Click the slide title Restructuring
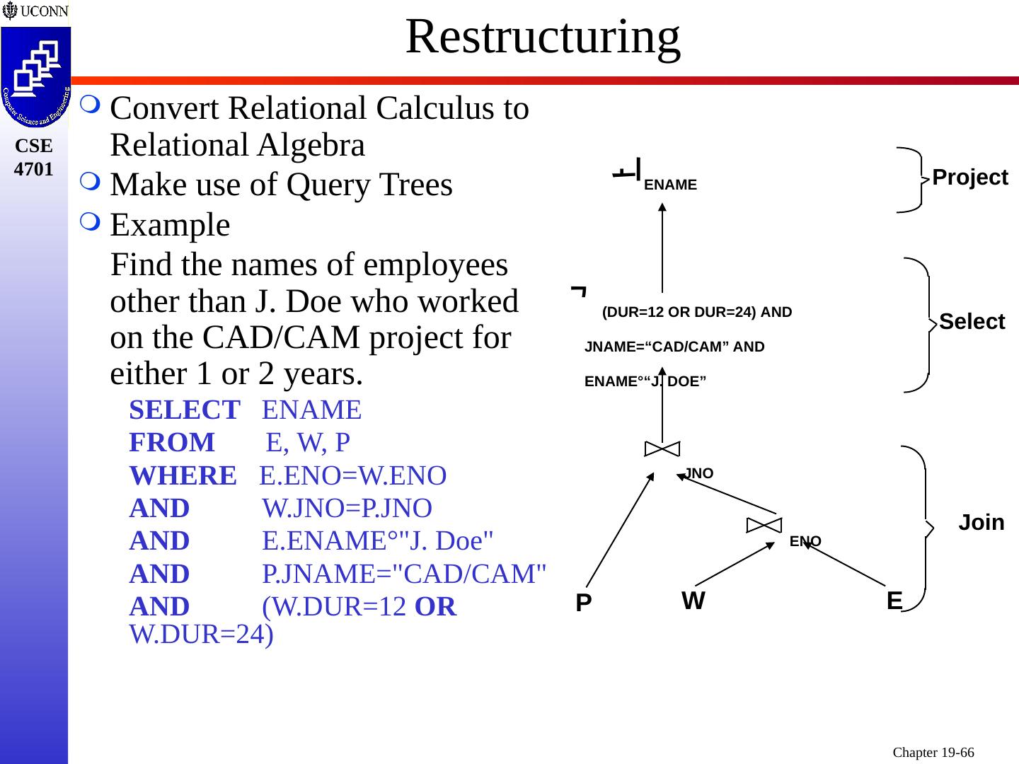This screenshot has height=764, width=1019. point(543,37)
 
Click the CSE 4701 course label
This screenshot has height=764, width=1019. point(34,157)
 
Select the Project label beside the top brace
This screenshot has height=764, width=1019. point(969,178)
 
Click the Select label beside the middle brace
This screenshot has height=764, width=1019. point(972,322)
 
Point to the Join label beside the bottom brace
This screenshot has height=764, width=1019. point(981,523)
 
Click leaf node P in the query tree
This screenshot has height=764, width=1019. point(583,603)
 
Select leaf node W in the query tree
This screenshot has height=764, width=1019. point(693,601)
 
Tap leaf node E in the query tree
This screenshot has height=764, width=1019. point(894,601)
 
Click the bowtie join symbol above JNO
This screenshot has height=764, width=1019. point(662,448)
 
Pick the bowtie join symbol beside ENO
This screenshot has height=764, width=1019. point(764,524)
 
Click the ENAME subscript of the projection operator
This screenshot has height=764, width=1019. point(671,185)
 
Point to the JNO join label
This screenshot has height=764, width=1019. point(699,473)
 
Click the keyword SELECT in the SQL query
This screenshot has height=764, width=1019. point(185,410)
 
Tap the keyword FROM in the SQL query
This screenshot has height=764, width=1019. point(172,442)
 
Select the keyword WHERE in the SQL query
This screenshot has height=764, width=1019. point(183,476)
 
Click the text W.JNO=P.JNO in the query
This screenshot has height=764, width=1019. point(347,508)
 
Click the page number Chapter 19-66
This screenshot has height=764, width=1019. point(933,752)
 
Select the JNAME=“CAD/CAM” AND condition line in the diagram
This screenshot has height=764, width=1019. point(674,347)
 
